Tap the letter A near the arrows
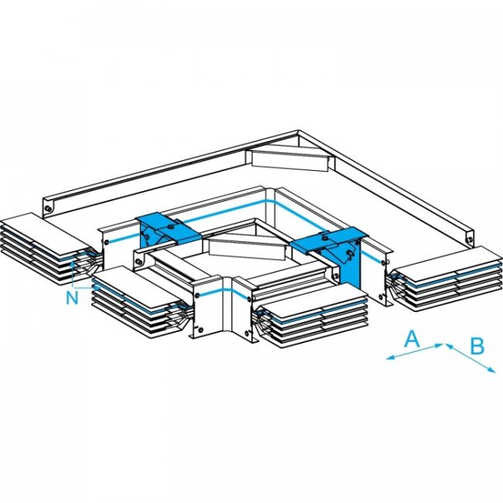click(412, 337)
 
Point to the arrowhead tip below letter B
click(493, 373)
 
